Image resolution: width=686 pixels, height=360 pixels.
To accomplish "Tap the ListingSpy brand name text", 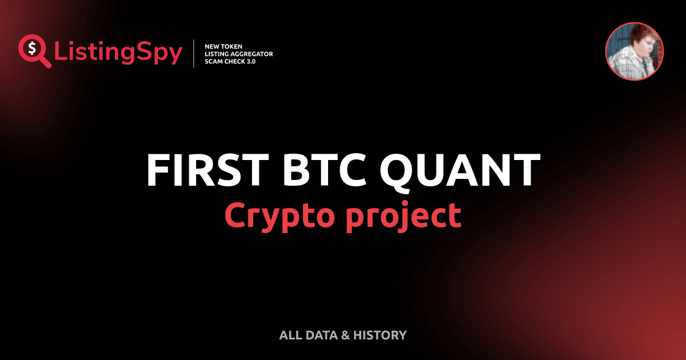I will (118, 53).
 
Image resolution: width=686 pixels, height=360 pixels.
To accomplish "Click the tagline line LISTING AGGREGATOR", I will (238, 54).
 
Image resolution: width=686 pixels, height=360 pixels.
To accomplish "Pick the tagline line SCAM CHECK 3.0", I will (230, 62).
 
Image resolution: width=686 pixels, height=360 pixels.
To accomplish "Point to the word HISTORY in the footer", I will (380, 335).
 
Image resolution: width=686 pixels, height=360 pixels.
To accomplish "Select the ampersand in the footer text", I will (345, 335).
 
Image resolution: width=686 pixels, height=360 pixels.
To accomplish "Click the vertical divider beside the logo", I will (195, 54).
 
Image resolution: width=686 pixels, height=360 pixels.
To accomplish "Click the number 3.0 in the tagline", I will (249, 62).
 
